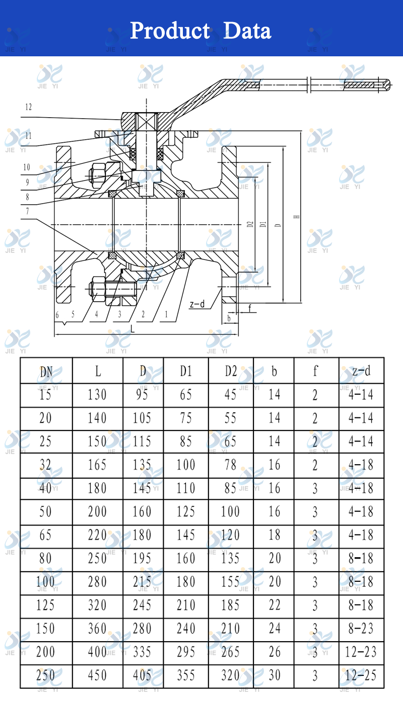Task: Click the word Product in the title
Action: pyautogui.click(x=170, y=31)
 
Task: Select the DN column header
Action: pyautogui.click(x=46, y=371)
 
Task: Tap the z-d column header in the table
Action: pyautogui.click(x=361, y=371)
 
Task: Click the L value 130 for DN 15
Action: pyautogui.click(x=97, y=395)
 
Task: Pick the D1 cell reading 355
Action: pyautogui.click(x=186, y=675)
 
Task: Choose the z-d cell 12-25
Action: pyautogui.click(x=361, y=675)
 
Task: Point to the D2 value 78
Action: pyautogui.click(x=230, y=465)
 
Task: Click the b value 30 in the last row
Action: pyautogui.click(x=274, y=675)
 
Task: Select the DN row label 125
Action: pyautogui.click(x=45, y=605)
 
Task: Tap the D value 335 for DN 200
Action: pyautogui.click(x=142, y=652)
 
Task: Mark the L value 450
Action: pyautogui.click(x=97, y=675)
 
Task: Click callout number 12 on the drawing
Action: pyautogui.click(x=28, y=107)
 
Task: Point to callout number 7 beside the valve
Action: pyautogui.click(x=28, y=211)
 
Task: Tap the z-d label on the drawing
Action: pyautogui.click(x=197, y=304)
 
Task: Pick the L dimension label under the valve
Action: pyautogui.click(x=132, y=328)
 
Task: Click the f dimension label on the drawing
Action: pyautogui.click(x=249, y=307)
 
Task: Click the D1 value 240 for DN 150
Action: pyautogui.click(x=186, y=628)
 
